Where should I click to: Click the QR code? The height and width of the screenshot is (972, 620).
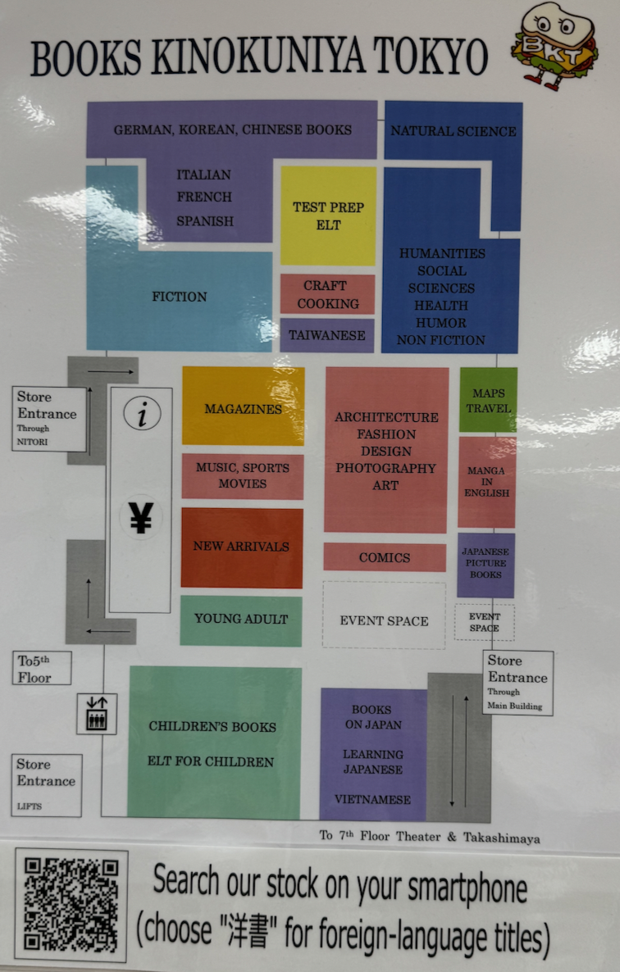71,905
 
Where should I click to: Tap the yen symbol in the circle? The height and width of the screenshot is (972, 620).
141,517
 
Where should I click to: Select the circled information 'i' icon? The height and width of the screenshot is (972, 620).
143,415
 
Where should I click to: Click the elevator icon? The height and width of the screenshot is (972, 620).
97,714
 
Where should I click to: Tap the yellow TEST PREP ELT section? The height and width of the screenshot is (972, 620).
328,216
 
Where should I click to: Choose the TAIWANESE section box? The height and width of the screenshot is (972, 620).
327,335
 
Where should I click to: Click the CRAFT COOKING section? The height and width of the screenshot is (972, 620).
327,294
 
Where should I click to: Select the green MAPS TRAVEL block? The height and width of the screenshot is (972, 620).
488,400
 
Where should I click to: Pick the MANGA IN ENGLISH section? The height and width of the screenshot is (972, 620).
486,482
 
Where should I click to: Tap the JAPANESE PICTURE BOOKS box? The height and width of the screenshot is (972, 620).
486,565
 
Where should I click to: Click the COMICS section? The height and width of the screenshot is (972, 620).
384,557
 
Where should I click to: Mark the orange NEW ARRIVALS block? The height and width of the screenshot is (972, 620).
241,547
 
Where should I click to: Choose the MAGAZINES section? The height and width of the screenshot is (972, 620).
243,407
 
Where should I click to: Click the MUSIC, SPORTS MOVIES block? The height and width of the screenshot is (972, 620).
242,476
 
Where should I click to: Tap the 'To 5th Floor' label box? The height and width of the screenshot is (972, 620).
42,668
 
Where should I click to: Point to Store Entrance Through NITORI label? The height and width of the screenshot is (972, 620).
49,419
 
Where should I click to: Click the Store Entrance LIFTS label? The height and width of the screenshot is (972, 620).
47,784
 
